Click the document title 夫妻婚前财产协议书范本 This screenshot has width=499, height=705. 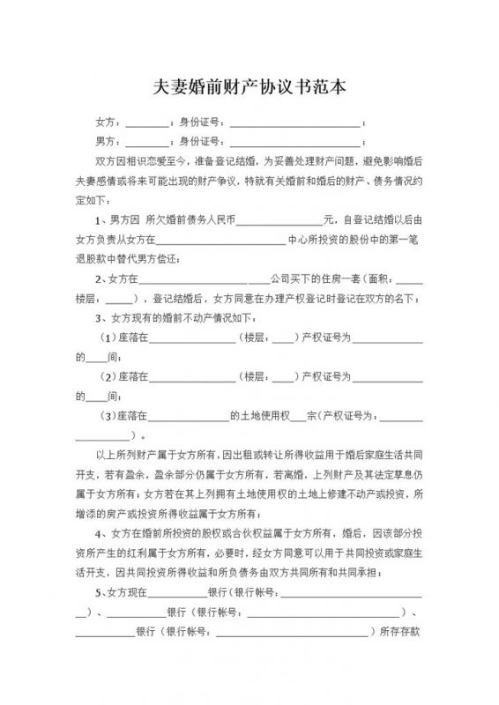coord(249,88)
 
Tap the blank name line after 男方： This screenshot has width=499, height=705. coord(153,143)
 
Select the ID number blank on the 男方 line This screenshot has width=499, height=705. coord(294,143)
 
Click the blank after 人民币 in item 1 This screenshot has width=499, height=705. coord(279,219)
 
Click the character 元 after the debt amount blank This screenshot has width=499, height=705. coord(328,218)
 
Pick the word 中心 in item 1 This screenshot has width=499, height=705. coord(298,239)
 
